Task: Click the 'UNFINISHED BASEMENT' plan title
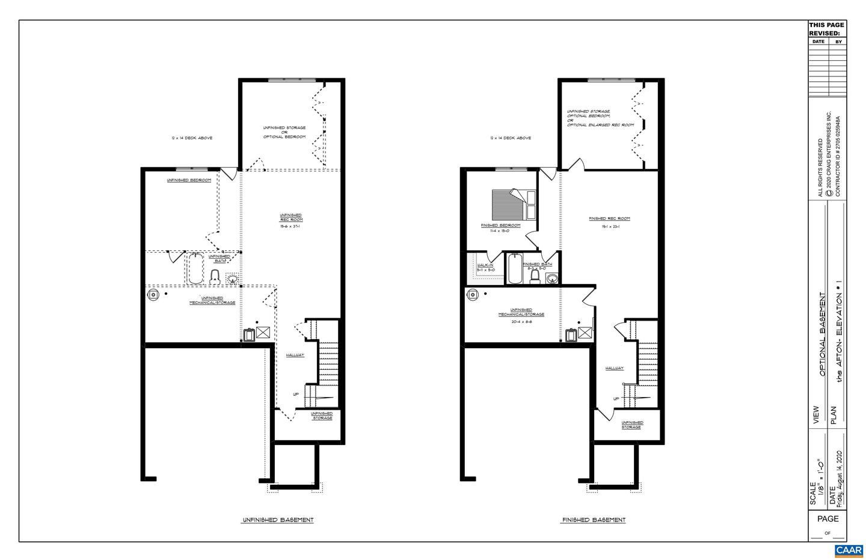(277, 520)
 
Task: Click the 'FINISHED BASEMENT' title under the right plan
(594, 520)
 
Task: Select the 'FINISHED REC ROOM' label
(609, 218)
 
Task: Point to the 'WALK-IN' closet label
(485, 265)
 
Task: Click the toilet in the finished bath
(535, 276)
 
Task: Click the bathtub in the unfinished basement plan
(196, 269)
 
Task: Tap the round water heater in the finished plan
(473, 294)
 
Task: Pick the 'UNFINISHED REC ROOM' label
(291, 217)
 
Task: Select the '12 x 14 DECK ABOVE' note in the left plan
(191, 138)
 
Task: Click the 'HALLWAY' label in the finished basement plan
(614, 368)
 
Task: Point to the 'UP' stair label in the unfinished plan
(295, 395)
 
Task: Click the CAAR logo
(849, 550)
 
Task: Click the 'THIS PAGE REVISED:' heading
(826, 29)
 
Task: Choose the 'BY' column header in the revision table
(838, 42)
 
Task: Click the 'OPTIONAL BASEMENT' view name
(821, 334)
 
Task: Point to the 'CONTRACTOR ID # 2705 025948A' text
(838, 156)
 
